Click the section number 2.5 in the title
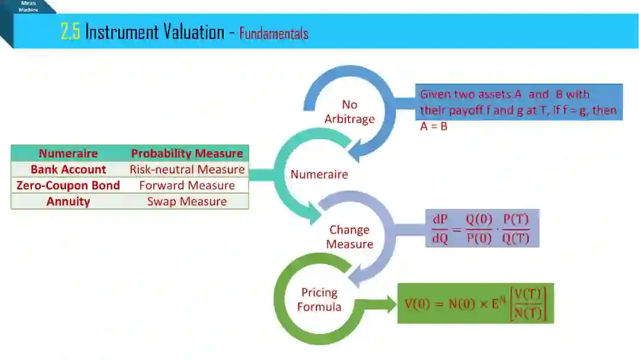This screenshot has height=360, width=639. [x=70, y=31]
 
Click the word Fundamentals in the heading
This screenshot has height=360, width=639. [x=274, y=33]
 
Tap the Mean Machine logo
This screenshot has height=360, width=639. [x=28, y=7]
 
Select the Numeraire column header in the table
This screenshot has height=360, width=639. [x=68, y=153]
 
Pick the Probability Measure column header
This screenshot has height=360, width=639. [x=187, y=153]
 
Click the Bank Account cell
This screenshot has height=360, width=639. [x=68, y=169]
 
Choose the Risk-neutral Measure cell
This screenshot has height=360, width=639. [x=187, y=169]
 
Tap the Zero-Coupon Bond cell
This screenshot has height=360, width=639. [x=68, y=185]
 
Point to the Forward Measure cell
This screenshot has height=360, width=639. [x=187, y=185]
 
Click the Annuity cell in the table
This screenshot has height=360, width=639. [x=68, y=201]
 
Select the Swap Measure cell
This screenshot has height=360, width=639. [x=187, y=201]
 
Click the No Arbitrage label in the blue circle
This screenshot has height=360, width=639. [x=350, y=112]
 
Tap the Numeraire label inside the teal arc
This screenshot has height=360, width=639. [x=319, y=174]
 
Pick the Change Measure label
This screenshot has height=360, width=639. [x=350, y=237]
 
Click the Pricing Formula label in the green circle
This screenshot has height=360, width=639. [x=319, y=300]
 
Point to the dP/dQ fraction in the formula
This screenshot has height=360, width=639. [x=440, y=229]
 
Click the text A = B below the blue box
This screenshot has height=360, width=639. [x=434, y=126]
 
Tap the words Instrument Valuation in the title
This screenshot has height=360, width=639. [x=154, y=31]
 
